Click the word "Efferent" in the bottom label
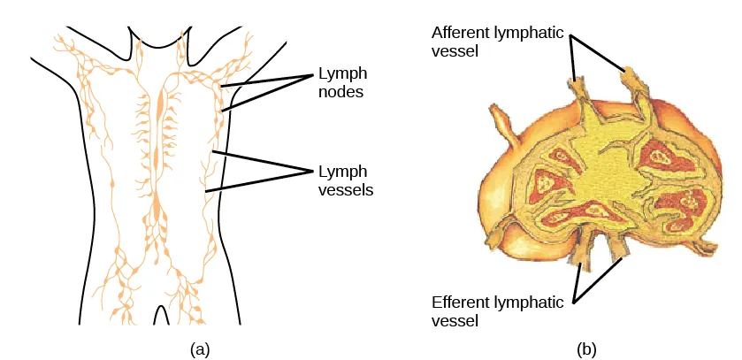point(458,302)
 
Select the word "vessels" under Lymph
point(342,189)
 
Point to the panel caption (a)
point(201,349)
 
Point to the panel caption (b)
point(586,349)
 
